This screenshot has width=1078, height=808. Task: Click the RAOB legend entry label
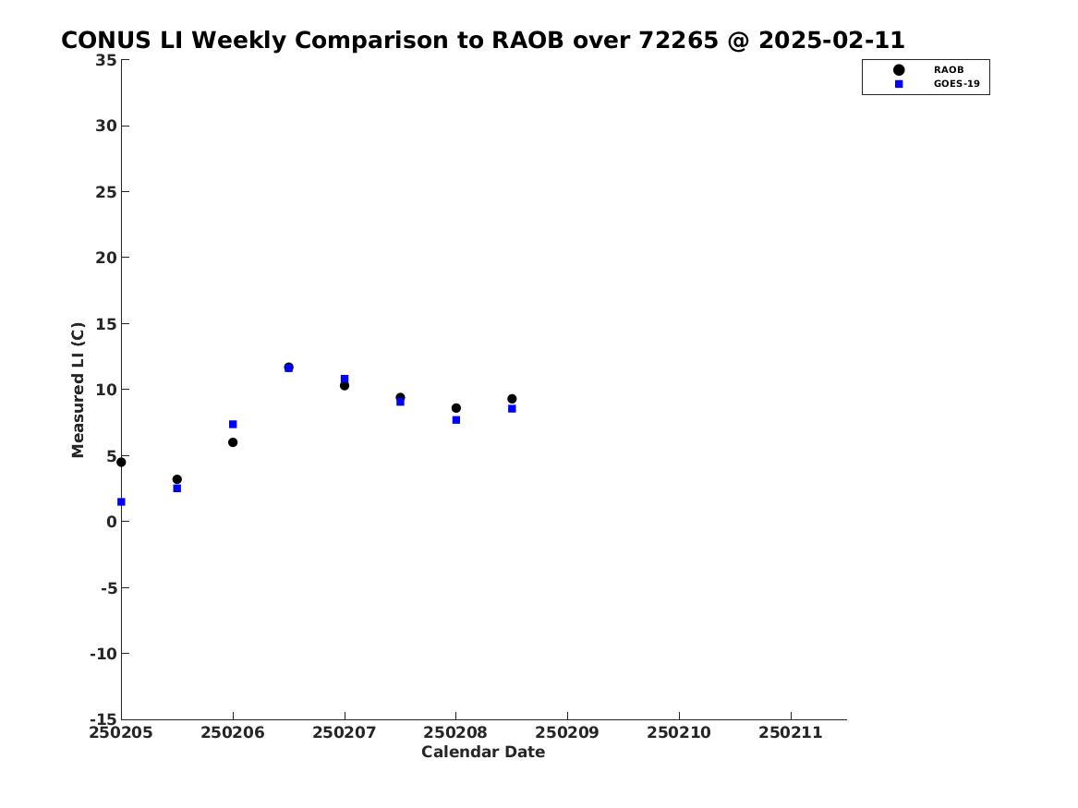948,70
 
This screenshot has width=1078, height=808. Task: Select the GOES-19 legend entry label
956,84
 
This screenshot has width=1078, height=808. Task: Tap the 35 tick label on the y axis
106,60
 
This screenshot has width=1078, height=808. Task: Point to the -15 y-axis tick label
103,718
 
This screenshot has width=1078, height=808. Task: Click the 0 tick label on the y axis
112,522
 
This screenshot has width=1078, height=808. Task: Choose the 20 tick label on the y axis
106,258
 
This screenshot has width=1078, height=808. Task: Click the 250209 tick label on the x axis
567,732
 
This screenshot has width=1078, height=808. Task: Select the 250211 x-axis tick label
791,732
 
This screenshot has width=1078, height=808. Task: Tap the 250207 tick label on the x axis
345,732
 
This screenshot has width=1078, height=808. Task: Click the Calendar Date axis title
483,753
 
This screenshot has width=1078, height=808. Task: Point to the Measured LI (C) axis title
78,390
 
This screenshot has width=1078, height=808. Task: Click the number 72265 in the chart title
679,41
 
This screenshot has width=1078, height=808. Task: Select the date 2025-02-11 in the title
832,41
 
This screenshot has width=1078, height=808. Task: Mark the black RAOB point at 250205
121,463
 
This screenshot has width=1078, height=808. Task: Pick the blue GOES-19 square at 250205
121,502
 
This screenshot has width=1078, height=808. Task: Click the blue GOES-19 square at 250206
233,425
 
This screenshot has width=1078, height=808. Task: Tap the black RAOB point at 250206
233,442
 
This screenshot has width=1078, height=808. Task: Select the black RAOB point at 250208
455,408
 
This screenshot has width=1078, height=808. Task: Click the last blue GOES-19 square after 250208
512,409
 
